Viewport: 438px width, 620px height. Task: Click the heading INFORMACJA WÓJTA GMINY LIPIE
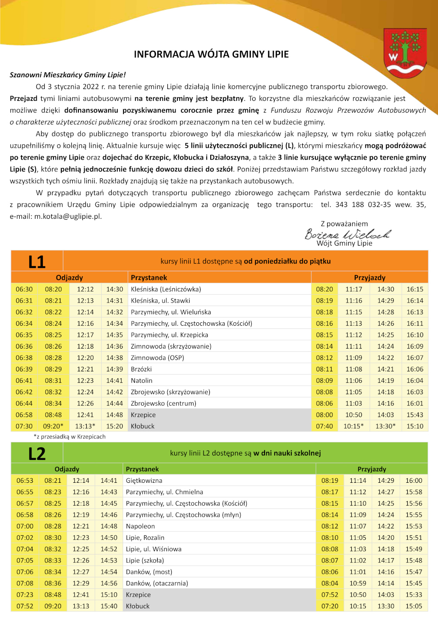point(211,54)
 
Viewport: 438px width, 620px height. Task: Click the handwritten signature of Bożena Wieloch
point(347,234)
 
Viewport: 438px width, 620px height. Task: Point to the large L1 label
point(37,262)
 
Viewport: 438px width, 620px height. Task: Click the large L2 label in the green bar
point(37,453)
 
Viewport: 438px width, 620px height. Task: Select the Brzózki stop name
point(141,369)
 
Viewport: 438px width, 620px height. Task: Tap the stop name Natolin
point(141,381)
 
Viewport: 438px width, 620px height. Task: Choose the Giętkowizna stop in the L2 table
point(144,481)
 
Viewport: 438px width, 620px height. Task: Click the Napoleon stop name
point(140,526)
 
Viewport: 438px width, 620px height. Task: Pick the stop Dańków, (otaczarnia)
point(157,583)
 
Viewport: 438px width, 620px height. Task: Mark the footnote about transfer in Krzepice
point(70,437)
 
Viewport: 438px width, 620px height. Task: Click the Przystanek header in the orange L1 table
point(149,278)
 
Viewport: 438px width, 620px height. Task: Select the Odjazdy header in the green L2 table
point(67,469)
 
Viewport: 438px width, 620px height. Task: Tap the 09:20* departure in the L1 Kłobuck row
point(53,426)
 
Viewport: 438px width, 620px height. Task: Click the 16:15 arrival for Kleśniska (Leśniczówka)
point(415,289)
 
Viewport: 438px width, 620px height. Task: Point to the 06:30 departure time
point(24,289)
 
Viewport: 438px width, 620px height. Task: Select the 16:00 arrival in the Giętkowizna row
point(414,481)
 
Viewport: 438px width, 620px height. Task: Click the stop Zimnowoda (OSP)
point(157,358)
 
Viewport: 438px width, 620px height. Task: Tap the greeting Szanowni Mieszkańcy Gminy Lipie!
point(68,75)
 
